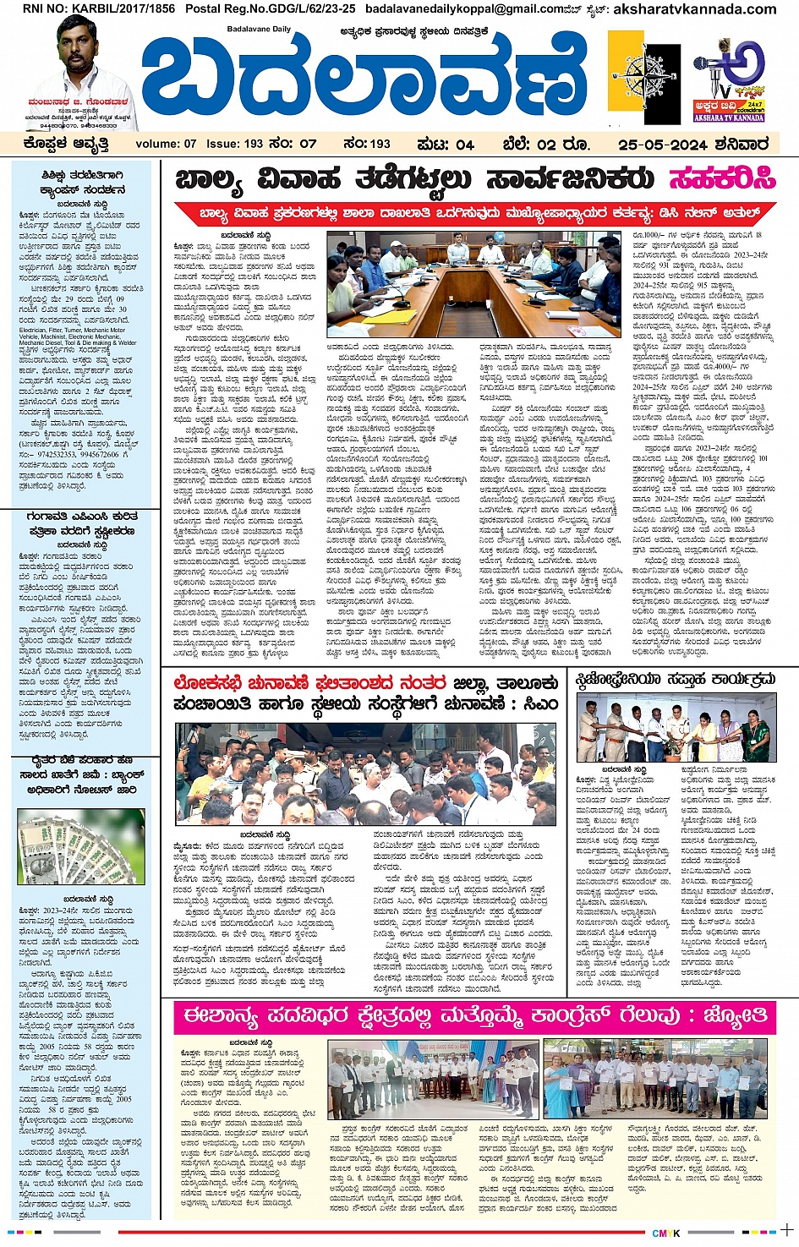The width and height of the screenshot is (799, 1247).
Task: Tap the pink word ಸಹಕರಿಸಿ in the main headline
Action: [x=722, y=179]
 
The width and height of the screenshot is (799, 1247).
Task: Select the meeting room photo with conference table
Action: [x=473, y=285]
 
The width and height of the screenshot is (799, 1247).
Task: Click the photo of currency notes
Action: [x=81, y=847]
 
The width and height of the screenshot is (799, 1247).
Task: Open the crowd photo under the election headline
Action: [x=365, y=773]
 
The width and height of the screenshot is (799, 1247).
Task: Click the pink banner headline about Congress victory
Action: [x=473, y=1015]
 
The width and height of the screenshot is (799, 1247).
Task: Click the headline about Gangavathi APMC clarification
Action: [x=81, y=523]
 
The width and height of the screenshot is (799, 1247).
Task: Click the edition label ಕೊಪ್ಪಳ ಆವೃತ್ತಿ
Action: [x=66, y=144]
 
